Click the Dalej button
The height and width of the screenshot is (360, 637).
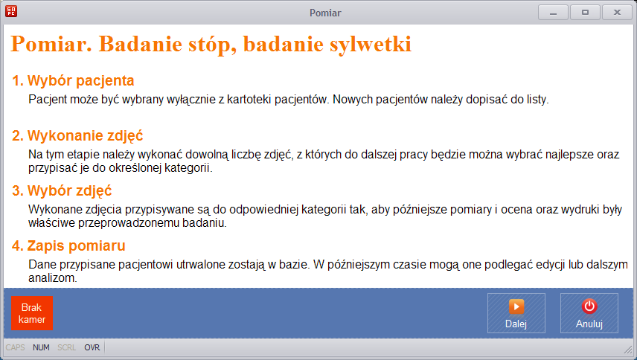[516, 313]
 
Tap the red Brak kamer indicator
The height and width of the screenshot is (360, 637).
[32, 313]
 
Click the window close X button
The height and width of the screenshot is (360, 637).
[617, 13]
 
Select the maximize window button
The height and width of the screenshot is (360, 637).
[585, 13]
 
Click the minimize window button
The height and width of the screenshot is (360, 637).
[554, 13]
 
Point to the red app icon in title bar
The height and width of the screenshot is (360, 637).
[11, 11]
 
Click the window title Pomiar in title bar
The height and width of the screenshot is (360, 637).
[325, 13]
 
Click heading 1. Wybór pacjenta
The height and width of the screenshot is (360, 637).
[73, 80]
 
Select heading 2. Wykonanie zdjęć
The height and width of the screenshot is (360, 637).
[77, 135]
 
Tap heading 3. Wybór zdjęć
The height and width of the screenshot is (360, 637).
[62, 190]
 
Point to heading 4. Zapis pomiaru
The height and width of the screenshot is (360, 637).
[68, 245]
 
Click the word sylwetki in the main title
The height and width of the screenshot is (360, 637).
[371, 45]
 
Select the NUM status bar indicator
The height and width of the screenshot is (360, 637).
[41, 347]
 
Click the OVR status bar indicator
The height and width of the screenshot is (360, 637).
[92, 347]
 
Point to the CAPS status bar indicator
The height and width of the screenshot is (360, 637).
[16, 347]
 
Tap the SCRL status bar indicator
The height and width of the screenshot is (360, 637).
[67, 347]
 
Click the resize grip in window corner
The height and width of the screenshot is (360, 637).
[628, 349]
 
